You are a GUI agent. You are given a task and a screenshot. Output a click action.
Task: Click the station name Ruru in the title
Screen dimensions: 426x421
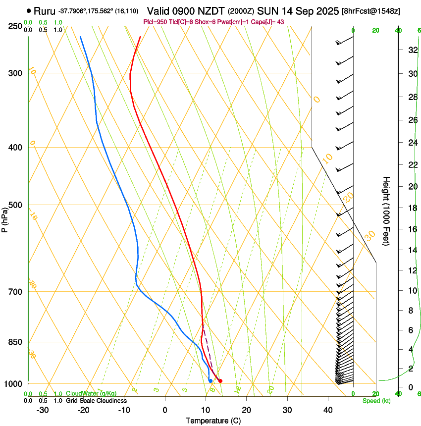click(45, 10)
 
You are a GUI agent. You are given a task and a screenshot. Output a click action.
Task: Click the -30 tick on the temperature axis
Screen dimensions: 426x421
click(43, 410)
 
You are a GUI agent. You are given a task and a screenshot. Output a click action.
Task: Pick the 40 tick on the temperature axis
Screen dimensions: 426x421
click(327, 410)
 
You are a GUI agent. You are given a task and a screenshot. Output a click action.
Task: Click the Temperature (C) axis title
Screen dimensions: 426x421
click(213, 421)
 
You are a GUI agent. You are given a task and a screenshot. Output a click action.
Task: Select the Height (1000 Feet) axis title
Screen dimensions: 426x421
click(386, 211)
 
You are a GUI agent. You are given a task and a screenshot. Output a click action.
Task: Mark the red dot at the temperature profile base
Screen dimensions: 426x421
click(220, 381)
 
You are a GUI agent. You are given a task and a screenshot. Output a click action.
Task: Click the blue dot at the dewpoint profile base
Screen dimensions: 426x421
click(210, 380)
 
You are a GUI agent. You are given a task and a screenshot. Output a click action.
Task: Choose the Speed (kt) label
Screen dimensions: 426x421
click(376, 401)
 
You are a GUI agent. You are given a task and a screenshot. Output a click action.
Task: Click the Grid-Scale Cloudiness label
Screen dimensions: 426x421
click(96, 401)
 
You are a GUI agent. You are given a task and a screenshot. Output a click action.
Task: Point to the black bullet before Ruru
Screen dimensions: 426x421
click(29, 10)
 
